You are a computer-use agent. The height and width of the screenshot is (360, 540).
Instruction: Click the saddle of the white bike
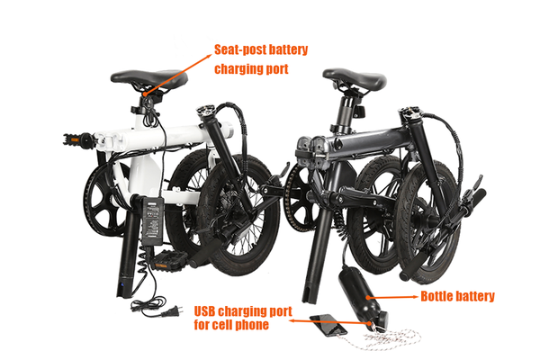[149, 79]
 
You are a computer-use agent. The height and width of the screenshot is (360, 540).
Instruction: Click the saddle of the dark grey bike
[355, 78]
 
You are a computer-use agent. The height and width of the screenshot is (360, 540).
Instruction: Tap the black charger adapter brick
[153, 220]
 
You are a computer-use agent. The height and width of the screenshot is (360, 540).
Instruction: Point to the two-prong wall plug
[170, 311]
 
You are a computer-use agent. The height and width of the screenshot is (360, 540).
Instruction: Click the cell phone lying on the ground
[328, 325]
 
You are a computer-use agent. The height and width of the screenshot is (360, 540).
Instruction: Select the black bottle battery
[363, 299]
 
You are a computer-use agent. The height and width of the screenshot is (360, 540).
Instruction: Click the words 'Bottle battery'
[458, 296]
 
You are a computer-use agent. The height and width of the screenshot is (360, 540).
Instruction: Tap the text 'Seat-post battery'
[261, 49]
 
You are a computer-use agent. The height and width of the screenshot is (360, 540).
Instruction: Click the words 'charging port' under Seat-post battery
[251, 68]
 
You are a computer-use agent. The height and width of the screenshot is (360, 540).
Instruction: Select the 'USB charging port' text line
[243, 311]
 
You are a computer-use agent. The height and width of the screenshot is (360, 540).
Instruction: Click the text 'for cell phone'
[231, 325]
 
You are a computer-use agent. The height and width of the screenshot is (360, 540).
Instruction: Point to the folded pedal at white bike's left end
[78, 139]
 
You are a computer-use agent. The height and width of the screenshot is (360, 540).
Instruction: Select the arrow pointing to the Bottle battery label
[393, 297]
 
